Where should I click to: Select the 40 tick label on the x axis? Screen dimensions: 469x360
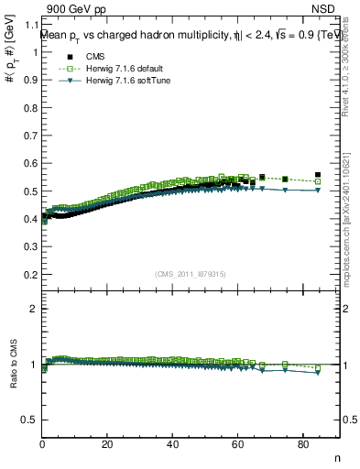point(172,444)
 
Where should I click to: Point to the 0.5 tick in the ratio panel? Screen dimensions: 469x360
point(32,419)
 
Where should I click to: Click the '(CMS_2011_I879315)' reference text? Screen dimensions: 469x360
point(191,275)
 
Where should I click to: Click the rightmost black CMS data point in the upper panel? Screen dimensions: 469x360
point(318,175)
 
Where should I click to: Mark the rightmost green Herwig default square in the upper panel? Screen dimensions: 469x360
point(318,181)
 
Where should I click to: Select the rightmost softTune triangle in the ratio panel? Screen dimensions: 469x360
point(318,372)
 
